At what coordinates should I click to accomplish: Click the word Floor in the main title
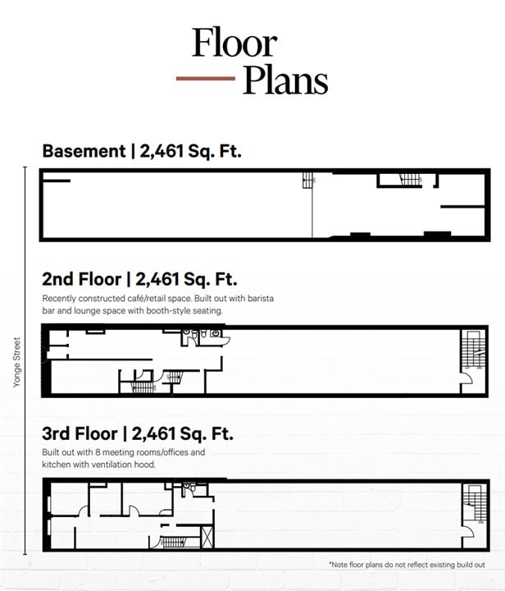[x=234, y=43]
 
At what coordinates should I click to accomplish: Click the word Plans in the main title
[x=284, y=80]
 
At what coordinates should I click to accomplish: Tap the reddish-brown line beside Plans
[x=206, y=79]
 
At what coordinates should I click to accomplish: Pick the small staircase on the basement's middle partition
[x=308, y=180]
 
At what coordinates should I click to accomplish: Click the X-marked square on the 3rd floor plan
[x=207, y=538]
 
